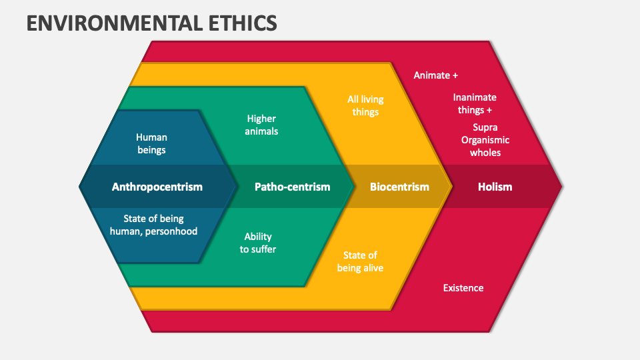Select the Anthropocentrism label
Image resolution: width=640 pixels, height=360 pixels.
click(157, 187)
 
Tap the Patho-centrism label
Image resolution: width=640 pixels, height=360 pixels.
click(292, 187)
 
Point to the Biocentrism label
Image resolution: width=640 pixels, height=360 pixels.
click(399, 187)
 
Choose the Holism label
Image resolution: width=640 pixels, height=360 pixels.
click(495, 187)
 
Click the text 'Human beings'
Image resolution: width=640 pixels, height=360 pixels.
click(151, 144)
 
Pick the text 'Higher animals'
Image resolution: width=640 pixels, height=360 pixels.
click(261, 125)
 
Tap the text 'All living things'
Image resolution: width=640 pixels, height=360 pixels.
click(365, 105)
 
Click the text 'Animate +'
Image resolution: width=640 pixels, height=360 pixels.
click(435, 75)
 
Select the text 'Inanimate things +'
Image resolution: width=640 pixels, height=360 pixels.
click(475, 104)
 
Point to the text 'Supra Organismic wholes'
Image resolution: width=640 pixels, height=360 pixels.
click(485, 140)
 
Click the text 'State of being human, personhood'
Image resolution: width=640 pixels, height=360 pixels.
click(153, 225)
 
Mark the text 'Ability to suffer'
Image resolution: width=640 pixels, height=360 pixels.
click(258, 243)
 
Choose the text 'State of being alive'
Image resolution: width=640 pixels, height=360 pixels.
click(360, 261)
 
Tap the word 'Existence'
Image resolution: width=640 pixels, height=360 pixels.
click(463, 288)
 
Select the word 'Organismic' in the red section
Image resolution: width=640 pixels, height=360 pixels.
click(485, 140)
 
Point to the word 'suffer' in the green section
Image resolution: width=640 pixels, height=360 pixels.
click(263, 249)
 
